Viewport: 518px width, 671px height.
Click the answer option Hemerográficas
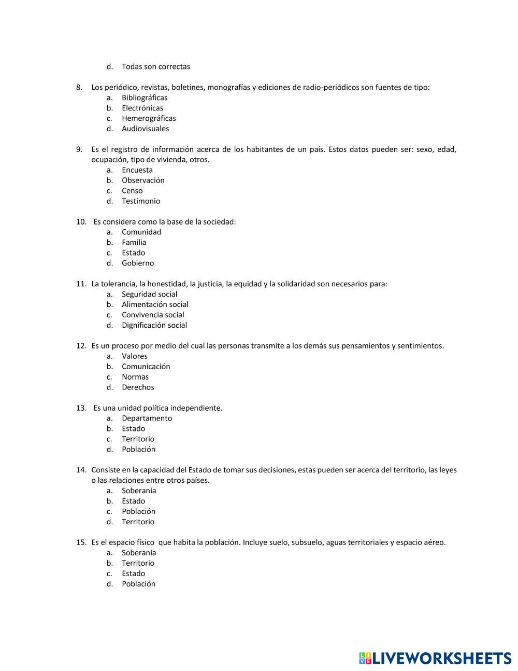149,118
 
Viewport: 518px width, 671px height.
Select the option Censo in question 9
132,190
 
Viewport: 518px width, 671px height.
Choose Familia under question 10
134,242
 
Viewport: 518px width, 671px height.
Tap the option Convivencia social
153,315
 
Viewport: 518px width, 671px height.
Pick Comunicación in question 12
146,367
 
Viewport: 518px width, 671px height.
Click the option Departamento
147,418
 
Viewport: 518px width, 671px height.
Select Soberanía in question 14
139,491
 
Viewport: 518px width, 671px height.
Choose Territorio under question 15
138,563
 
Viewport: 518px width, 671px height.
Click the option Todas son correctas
156,66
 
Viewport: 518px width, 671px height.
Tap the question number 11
81,284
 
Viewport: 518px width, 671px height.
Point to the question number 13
81,408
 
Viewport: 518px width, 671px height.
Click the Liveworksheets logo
435,658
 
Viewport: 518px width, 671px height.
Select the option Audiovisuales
145,129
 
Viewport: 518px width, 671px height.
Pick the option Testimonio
141,201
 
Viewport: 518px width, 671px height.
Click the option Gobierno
138,263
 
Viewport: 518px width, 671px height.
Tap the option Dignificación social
154,325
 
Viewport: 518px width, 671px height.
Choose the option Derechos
138,387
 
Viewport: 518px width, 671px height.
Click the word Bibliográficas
145,97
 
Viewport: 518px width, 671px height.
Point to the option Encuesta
137,170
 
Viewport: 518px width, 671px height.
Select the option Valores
135,356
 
